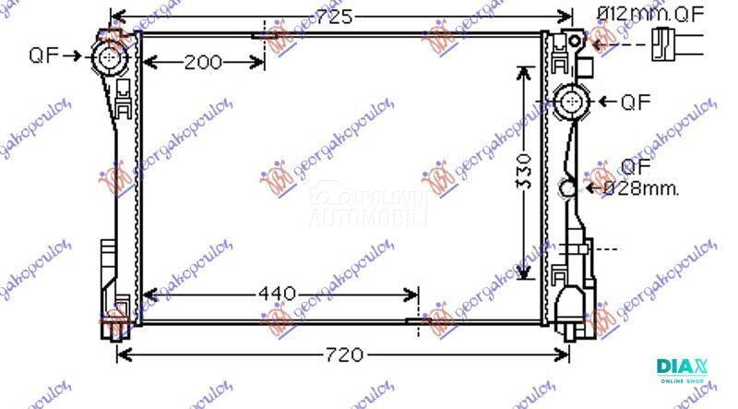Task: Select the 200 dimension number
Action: click(202, 63)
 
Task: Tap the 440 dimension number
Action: click(277, 295)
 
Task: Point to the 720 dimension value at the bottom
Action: click(343, 355)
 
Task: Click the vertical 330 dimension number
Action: click(523, 172)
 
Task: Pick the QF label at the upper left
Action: click(44, 54)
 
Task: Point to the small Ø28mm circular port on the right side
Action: click(568, 189)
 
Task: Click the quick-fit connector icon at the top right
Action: click(673, 43)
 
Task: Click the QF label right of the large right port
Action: click(637, 102)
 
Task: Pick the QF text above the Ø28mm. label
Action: click(635, 167)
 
